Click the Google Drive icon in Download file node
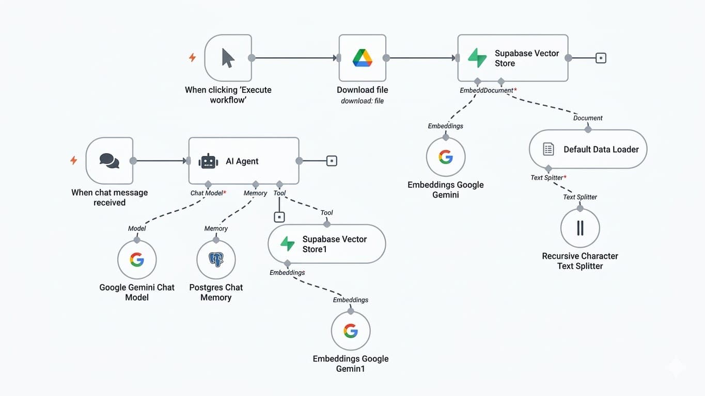(x=362, y=58)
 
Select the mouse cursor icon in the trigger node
(x=228, y=58)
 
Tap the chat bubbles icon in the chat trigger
(x=109, y=160)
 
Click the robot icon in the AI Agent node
(x=208, y=161)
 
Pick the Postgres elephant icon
(x=216, y=259)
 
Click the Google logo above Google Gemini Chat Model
(x=137, y=259)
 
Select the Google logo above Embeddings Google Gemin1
(x=351, y=331)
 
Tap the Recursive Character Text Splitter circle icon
(x=580, y=228)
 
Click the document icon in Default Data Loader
(x=548, y=150)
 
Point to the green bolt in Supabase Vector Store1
(x=287, y=244)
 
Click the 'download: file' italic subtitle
(x=362, y=101)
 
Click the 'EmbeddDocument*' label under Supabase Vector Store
(x=488, y=90)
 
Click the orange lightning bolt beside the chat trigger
(x=73, y=160)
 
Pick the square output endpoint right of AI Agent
(x=332, y=161)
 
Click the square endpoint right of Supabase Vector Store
(x=601, y=58)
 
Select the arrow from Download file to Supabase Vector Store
(x=421, y=58)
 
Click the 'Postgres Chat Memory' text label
(x=216, y=292)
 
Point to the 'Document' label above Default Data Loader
(x=588, y=118)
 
